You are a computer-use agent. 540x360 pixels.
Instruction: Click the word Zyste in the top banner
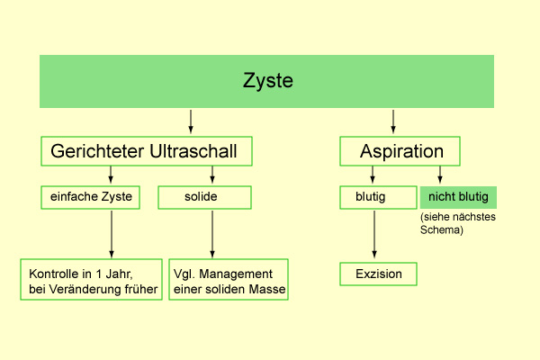[x=268, y=81]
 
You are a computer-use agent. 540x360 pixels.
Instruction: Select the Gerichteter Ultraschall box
[x=147, y=151]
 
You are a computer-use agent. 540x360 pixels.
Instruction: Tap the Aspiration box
[x=400, y=151]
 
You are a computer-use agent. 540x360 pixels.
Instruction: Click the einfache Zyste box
[x=90, y=197]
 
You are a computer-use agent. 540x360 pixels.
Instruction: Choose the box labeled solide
[x=204, y=197]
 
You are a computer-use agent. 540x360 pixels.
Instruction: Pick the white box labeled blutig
[x=378, y=197]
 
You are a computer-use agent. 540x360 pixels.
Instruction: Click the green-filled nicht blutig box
[x=458, y=197]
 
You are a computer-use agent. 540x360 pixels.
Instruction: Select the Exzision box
[x=378, y=274]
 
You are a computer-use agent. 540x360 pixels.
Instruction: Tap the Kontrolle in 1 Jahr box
[x=91, y=279]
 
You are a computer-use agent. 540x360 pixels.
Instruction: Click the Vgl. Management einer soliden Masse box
[x=229, y=279]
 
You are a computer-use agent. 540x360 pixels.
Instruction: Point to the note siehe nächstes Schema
[x=458, y=223]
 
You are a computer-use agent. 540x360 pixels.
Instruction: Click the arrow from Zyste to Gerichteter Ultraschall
[x=191, y=121]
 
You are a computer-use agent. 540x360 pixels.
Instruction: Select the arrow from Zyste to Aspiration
[x=393, y=121]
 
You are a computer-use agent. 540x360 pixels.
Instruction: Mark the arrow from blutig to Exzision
[x=374, y=234]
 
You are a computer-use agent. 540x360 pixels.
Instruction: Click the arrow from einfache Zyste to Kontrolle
[x=112, y=234]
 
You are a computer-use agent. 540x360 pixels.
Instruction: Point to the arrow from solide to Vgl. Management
[x=212, y=234]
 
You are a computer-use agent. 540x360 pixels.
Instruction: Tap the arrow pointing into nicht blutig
[x=440, y=175]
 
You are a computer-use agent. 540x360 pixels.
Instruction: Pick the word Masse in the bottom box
[x=267, y=289]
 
